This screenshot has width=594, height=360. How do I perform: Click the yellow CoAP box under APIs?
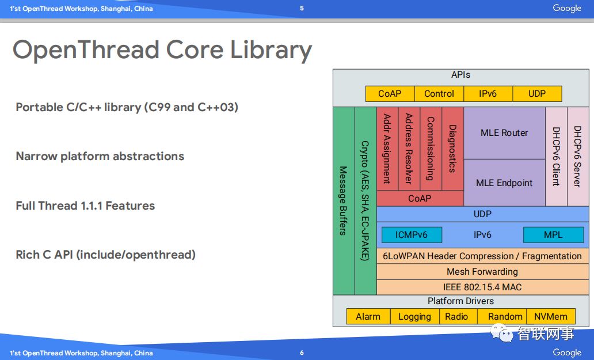click(x=390, y=94)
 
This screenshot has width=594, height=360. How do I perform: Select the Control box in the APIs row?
click(x=439, y=94)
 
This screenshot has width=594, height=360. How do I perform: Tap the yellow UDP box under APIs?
click(x=537, y=94)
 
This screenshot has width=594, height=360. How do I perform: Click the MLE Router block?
click(x=504, y=133)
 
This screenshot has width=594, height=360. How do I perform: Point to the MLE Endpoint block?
click(x=504, y=183)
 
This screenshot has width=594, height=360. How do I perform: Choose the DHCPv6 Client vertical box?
click(x=556, y=156)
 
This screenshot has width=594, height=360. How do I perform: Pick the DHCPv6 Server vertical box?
click(x=578, y=156)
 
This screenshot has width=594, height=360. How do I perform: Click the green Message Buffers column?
click(x=344, y=200)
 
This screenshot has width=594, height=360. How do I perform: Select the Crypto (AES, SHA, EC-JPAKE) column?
click(x=365, y=200)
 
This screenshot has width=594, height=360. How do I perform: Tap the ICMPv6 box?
click(x=411, y=235)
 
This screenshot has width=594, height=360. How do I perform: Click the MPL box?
click(x=553, y=235)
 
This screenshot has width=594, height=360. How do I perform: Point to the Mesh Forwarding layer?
click(x=482, y=272)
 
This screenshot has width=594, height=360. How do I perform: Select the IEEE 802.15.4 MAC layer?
click(x=482, y=287)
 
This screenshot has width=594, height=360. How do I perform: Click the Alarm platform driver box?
click(x=368, y=316)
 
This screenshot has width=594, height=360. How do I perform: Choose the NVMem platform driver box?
click(x=551, y=316)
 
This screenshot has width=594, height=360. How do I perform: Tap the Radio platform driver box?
click(x=456, y=316)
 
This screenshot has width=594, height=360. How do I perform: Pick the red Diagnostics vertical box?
click(x=452, y=149)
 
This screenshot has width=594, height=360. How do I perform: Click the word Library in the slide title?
click(x=271, y=51)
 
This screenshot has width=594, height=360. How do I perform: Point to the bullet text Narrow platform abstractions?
click(x=100, y=156)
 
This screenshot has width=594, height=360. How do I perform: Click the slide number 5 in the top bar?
click(x=302, y=8)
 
